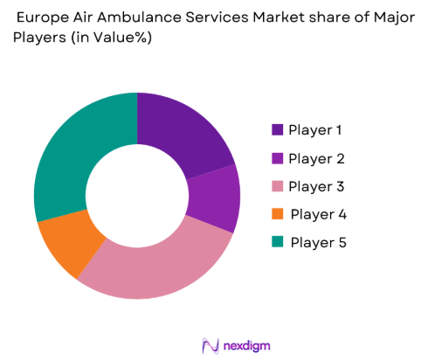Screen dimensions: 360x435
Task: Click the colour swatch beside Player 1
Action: pyautogui.click(x=277, y=130)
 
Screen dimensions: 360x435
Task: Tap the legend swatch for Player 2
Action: pyautogui.click(x=277, y=158)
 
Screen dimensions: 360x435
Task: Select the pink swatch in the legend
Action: pyautogui.click(x=277, y=186)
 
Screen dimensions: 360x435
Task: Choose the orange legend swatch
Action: pyautogui.click(x=277, y=214)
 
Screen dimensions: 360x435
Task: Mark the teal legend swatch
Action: pyautogui.click(x=277, y=242)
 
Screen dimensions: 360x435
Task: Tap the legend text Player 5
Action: pyautogui.click(x=318, y=242)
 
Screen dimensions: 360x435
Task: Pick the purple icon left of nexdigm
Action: pyautogui.click(x=209, y=344)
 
